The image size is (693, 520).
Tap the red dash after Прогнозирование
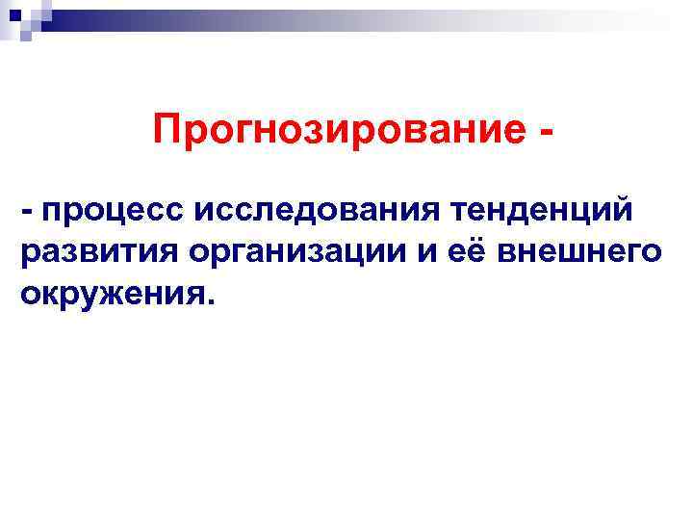[x=547, y=133]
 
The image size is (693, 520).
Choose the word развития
[x=99, y=252]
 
